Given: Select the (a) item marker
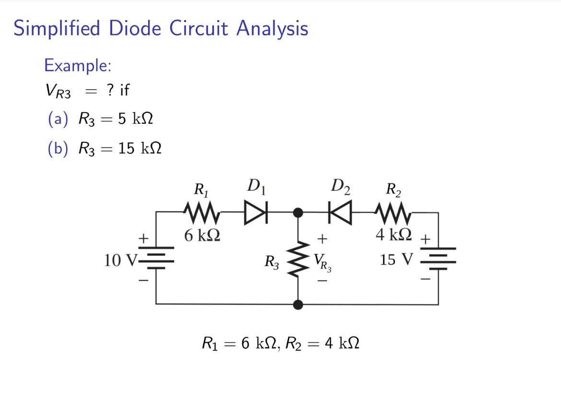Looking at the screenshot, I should (x=57, y=120).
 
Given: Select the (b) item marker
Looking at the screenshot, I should (x=57, y=149).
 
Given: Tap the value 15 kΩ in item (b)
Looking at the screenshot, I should (x=139, y=149).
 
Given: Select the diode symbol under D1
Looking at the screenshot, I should (x=255, y=212).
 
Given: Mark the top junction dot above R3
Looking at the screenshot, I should (x=298, y=212).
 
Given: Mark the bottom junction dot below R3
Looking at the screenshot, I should (x=298, y=304).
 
